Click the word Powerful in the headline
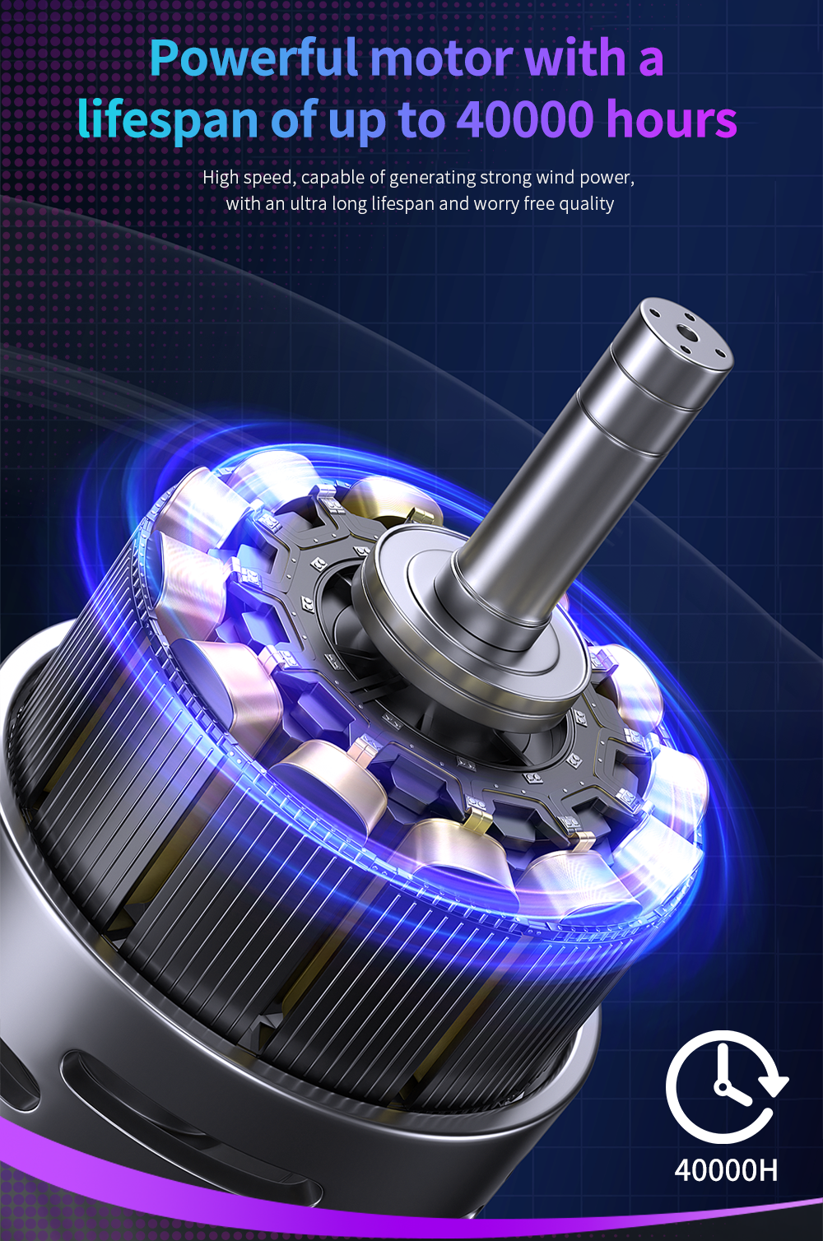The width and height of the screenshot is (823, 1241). click(x=253, y=58)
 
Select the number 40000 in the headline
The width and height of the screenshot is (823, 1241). click(x=524, y=119)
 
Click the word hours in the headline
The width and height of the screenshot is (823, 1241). click(x=671, y=118)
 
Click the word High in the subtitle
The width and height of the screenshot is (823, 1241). click(x=221, y=178)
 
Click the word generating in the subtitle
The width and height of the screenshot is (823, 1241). click(x=432, y=179)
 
